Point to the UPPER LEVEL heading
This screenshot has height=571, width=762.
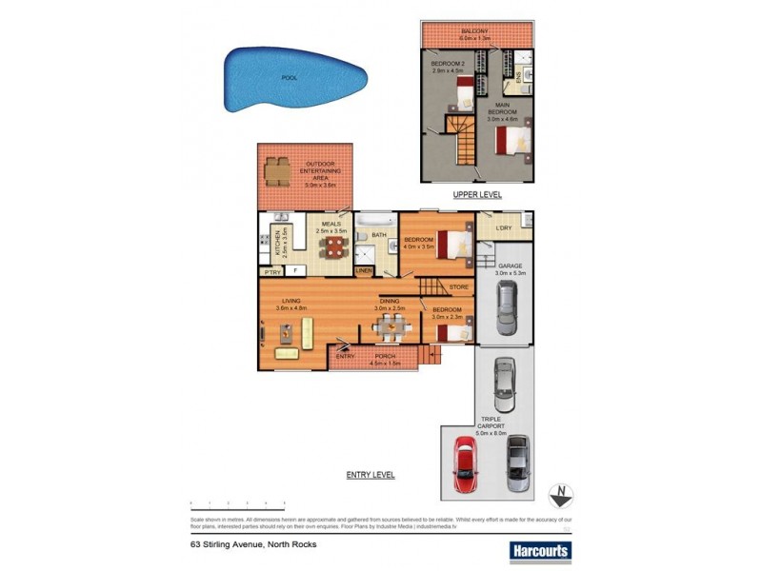(477, 195)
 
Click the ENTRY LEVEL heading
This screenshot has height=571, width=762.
(371, 475)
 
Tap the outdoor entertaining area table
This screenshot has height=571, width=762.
(276, 172)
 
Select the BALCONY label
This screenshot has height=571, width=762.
(475, 30)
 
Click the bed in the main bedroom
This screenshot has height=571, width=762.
(511, 142)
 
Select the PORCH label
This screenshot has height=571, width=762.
(385, 357)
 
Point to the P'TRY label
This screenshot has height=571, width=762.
(271, 271)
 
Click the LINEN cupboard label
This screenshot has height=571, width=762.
(364, 271)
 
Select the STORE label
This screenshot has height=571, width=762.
(459, 285)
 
